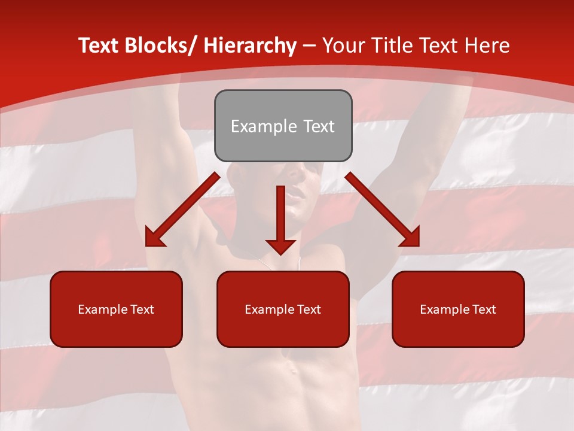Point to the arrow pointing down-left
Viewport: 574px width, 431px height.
point(182,210)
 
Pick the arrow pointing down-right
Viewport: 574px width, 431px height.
point(383,210)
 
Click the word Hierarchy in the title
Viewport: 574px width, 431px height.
point(250,45)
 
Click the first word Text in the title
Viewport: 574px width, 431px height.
point(100,45)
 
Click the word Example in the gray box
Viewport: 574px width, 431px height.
point(256,126)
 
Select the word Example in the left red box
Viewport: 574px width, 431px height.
point(102,309)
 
